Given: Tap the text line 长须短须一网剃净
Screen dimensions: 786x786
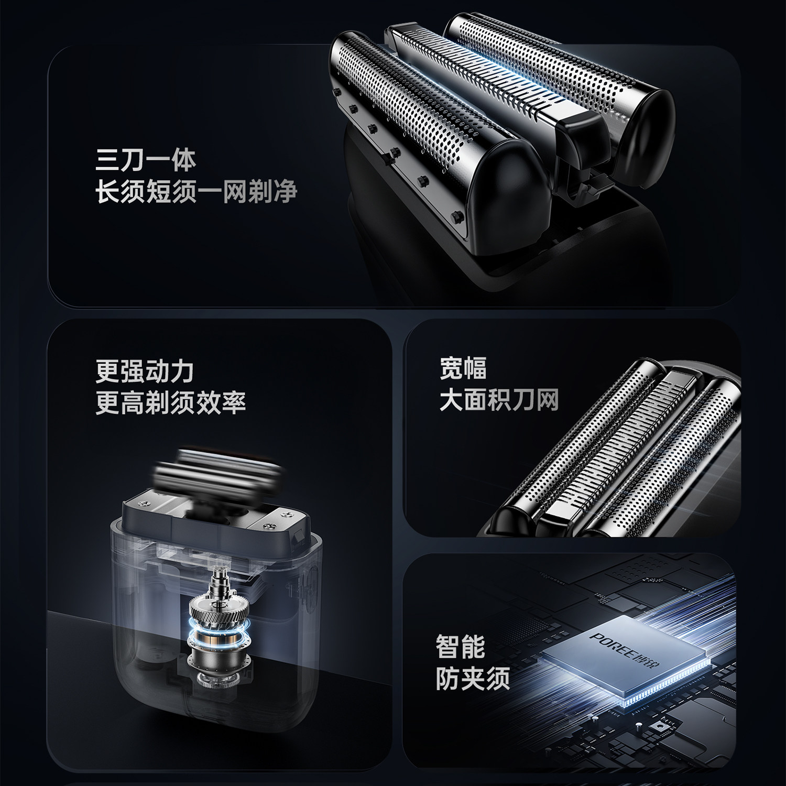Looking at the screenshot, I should (x=196, y=191).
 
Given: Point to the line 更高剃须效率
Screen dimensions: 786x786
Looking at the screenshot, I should (x=170, y=402).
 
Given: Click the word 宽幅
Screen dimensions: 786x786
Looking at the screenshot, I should (x=463, y=368).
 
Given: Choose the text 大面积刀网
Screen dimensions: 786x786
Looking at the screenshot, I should (x=499, y=399).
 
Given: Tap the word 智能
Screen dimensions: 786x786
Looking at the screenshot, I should (x=460, y=647).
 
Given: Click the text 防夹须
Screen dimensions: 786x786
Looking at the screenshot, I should (x=473, y=679).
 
